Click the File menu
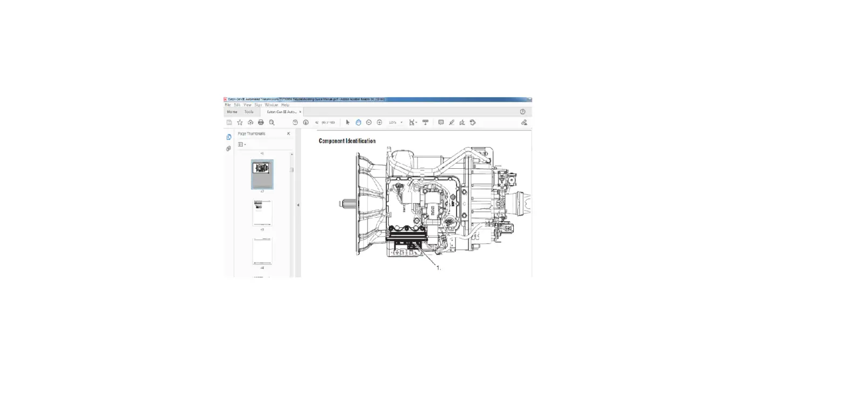(x=228, y=105)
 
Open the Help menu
(x=285, y=105)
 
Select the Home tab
(x=232, y=112)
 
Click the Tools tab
(x=249, y=112)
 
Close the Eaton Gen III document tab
(x=300, y=112)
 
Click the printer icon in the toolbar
(x=261, y=122)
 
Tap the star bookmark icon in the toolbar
(x=240, y=122)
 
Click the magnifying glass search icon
(x=272, y=122)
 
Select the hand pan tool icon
(x=358, y=122)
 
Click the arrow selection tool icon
(x=347, y=122)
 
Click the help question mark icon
(x=522, y=112)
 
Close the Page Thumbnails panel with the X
(x=288, y=134)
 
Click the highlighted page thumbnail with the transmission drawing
(x=262, y=174)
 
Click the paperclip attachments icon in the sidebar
(x=228, y=148)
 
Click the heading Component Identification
(x=347, y=141)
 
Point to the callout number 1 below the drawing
(x=438, y=267)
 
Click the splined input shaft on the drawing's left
(x=345, y=204)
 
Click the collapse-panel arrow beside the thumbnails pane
(x=298, y=205)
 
